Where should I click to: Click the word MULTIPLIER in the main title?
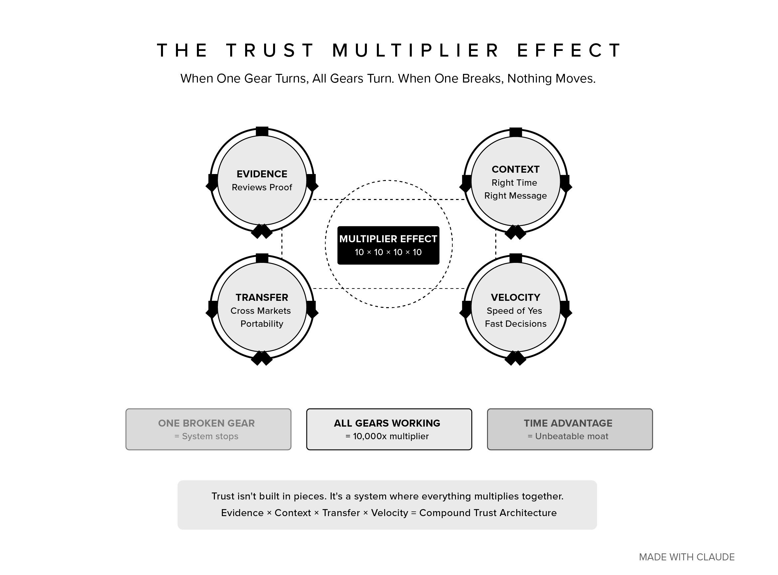[416, 51]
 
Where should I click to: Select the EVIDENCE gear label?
[262, 174]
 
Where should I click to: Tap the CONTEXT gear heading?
[515, 169]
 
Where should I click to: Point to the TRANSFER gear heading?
[262, 297]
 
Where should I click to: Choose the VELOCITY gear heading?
[515, 297]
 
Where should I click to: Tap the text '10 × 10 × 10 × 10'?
[388, 252]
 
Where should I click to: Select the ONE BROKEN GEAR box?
[208, 429]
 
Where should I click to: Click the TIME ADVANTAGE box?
[569, 429]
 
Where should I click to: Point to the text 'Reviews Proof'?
[262, 188]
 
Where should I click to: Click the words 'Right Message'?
[515, 196]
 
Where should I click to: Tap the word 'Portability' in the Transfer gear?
[262, 324]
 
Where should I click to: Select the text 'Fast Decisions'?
[515, 324]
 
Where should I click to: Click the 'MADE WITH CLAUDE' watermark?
[687, 557]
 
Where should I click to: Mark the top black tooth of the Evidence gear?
[262, 131]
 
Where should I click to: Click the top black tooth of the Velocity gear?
[515, 258]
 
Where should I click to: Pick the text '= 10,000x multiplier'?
[387, 437]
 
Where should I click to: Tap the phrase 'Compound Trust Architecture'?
[488, 513]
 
